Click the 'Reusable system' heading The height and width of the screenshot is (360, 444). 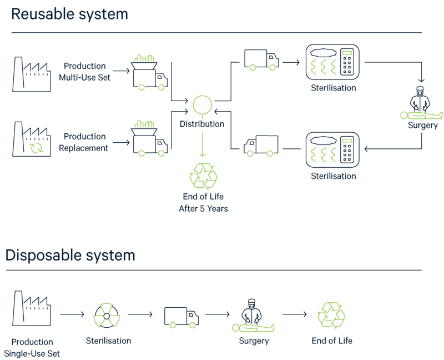pyautogui.click(x=70, y=14)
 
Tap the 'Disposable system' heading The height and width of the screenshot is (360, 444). pyautogui.click(x=70, y=255)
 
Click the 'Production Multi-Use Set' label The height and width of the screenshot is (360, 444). pyautogui.click(x=85, y=72)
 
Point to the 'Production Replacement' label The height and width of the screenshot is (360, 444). pyautogui.click(x=84, y=142)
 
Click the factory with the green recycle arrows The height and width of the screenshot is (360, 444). pyautogui.click(x=32, y=139)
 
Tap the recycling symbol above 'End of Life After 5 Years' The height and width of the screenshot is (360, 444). pyautogui.click(x=203, y=176)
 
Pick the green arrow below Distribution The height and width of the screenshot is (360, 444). pyautogui.click(x=202, y=144)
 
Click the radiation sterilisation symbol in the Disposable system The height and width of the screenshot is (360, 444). pyautogui.click(x=107, y=316)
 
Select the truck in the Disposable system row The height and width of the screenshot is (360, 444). pyautogui.click(x=181, y=317)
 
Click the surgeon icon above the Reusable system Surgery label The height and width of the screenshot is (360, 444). pyautogui.click(x=420, y=103)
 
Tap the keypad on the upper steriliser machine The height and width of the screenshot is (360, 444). pyautogui.click(x=347, y=62)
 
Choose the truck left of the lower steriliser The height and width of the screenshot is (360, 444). pyautogui.click(x=261, y=146)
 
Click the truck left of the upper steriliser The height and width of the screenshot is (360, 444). pyautogui.click(x=261, y=60)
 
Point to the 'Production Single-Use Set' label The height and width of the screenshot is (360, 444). pyautogui.click(x=32, y=348)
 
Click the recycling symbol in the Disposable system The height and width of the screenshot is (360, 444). pyautogui.click(x=331, y=315)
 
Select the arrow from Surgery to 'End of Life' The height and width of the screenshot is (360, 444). pyautogui.click(x=295, y=314)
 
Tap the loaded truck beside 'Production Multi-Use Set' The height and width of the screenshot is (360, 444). pyautogui.click(x=149, y=73)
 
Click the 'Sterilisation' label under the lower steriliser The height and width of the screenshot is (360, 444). pyautogui.click(x=334, y=176)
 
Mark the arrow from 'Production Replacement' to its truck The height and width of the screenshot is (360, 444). pyautogui.click(x=121, y=142)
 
